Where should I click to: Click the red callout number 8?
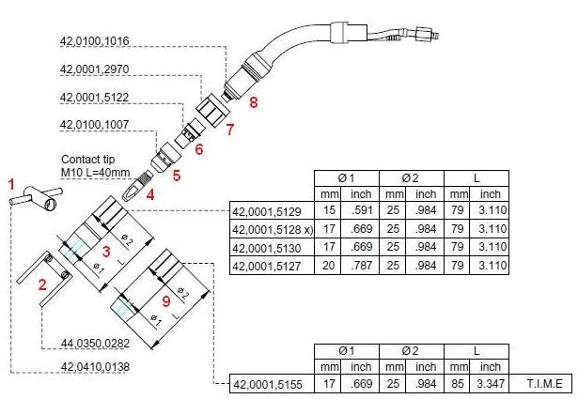point(253,100)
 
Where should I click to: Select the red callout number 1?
point(11,182)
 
